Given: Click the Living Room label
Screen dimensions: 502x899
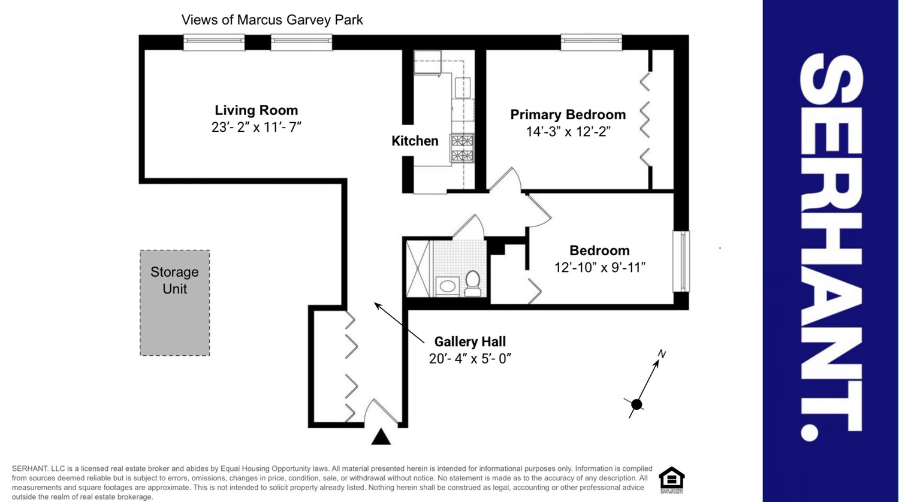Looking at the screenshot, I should [x=256, y=110].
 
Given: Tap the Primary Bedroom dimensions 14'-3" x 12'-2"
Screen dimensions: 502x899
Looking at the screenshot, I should [x=568, y=132].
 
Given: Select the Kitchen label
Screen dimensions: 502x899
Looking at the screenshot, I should [x=415, y=141].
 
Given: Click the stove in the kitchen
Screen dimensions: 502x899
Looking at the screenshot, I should [x=462, y=149].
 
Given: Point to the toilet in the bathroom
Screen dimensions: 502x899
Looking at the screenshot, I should [x=473, y=283].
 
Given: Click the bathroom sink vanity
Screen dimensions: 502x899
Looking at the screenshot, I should [x=447, y=286].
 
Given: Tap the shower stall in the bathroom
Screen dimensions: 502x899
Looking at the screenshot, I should [x=418, y=268].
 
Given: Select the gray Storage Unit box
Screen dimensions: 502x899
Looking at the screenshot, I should [x=174, y=303].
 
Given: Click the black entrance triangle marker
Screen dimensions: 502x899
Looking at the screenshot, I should [x=381, y=437].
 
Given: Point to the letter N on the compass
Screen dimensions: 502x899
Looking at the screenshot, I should [x=662, y=354].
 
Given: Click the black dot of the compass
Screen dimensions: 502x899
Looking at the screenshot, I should [x=636, y=404].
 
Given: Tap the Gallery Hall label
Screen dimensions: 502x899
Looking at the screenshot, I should [x=470, y=341].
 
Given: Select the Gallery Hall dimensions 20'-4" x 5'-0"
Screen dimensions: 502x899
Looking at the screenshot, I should [x=470, y=359].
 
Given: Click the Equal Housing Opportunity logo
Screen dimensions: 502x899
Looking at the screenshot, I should [x=671, y=480].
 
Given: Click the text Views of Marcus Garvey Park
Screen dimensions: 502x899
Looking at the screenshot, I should [x=272, y=20].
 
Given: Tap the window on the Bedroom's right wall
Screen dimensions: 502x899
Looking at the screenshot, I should [x=681, y=261].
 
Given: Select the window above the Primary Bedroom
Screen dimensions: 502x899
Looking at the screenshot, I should [x=591, y=42].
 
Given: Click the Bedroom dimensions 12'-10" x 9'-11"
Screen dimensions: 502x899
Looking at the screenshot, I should [x=599, y=267].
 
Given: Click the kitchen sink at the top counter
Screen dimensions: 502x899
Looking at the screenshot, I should [x=427, y=62].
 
